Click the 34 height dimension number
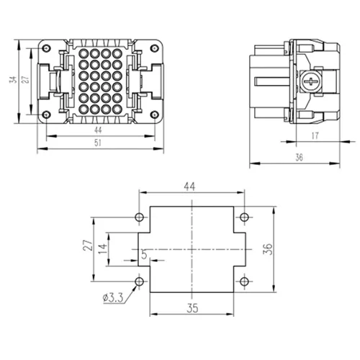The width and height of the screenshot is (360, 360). click(14, 79)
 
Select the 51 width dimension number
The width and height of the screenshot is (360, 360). click(98, 143)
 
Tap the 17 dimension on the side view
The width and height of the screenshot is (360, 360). click(315, 136)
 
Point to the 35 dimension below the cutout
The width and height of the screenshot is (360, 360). click(192, 308)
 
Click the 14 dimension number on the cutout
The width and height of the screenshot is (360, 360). click(103, 249)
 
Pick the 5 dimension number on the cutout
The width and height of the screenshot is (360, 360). click(144, 254)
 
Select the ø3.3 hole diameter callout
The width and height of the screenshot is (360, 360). click(113, 298)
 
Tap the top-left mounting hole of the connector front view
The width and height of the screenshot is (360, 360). click(46, 48)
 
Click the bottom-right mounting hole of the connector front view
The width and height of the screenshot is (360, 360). click(155, 114)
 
